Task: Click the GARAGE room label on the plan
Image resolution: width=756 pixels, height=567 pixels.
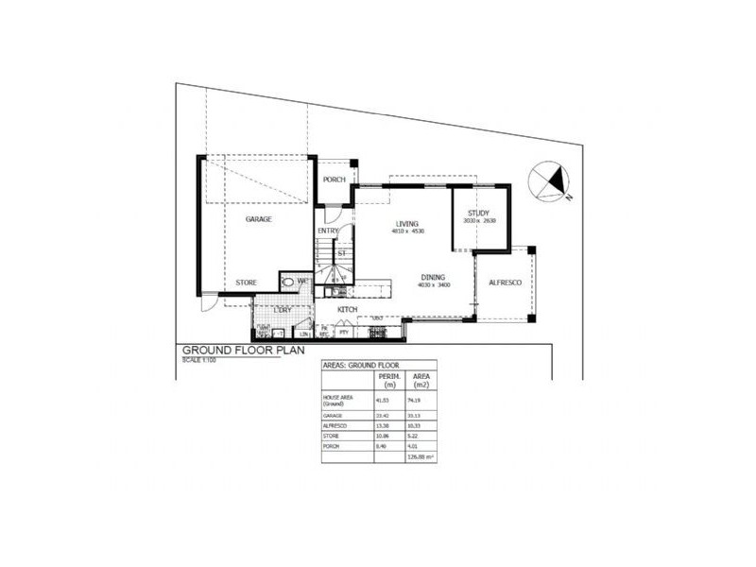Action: tap(259, 219)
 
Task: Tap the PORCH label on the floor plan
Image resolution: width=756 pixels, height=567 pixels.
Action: tap(334, 180)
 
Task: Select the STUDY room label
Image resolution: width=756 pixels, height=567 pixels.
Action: tap(478, 214)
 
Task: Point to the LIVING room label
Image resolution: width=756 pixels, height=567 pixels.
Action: tap(408, 223)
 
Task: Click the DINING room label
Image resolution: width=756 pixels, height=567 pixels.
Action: tap(434, 277)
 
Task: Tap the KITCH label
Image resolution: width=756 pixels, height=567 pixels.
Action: tap(348, 310)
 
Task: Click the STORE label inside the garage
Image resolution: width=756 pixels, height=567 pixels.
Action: tap(246, 283)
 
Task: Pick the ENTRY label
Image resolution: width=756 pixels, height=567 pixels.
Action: tap(328, 231)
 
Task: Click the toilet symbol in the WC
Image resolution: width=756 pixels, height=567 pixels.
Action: tap(288, 282)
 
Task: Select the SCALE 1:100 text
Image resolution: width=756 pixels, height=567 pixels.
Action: tap(199, 359)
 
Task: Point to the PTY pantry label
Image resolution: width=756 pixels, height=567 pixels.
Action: tap(343, 333)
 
